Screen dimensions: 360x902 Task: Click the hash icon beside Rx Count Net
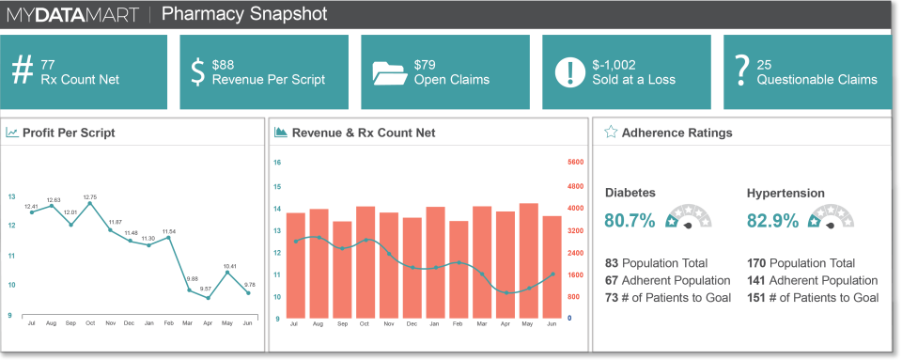point(22,71)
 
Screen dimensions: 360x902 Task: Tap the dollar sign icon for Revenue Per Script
point(197,71)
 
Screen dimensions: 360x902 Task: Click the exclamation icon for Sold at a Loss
point(568,72)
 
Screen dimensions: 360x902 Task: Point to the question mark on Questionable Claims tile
point(741,71)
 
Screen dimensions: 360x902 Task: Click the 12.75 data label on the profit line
point(90,197)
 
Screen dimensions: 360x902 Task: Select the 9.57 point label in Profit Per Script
point(206,289)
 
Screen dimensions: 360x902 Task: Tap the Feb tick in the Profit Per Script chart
point(169,322)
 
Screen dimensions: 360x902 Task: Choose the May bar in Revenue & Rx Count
point(529,260)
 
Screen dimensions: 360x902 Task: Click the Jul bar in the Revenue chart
point(296,264)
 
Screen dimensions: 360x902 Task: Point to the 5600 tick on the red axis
point(577,162)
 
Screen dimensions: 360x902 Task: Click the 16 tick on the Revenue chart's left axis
point(277,162)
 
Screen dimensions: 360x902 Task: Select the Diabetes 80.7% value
point(630,221)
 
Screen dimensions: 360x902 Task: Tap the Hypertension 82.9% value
point(772,221)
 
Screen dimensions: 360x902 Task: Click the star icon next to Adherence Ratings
point(611,133)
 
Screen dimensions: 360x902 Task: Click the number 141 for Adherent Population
point(756,280)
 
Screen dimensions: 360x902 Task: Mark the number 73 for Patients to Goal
point(612,297)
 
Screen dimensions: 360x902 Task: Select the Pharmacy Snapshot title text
point(244,14)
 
